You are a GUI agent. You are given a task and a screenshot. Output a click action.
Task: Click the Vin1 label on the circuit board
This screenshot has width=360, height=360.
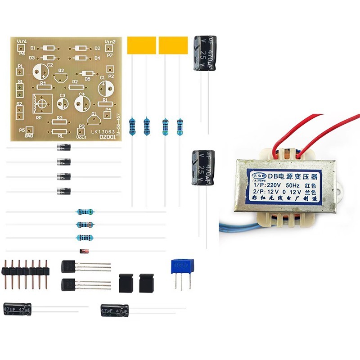tap(21, 41)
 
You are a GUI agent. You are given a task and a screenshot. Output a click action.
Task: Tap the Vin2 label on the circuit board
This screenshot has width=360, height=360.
tap(110, 41)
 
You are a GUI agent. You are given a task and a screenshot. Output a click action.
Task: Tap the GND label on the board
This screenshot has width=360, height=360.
tap(29, 136)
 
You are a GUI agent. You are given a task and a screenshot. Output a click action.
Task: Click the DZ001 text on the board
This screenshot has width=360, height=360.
tap(107, 137)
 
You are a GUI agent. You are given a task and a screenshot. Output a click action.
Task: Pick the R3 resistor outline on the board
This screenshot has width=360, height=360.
tap(59, 121)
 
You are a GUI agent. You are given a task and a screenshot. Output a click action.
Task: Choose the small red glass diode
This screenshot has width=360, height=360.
tap(83, 251)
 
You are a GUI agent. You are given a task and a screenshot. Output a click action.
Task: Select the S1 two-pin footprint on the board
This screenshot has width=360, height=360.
tap(20, 89)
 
